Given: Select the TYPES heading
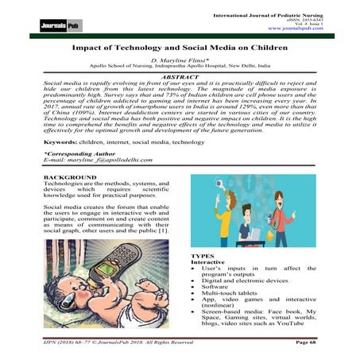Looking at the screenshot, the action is pos(203,254).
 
